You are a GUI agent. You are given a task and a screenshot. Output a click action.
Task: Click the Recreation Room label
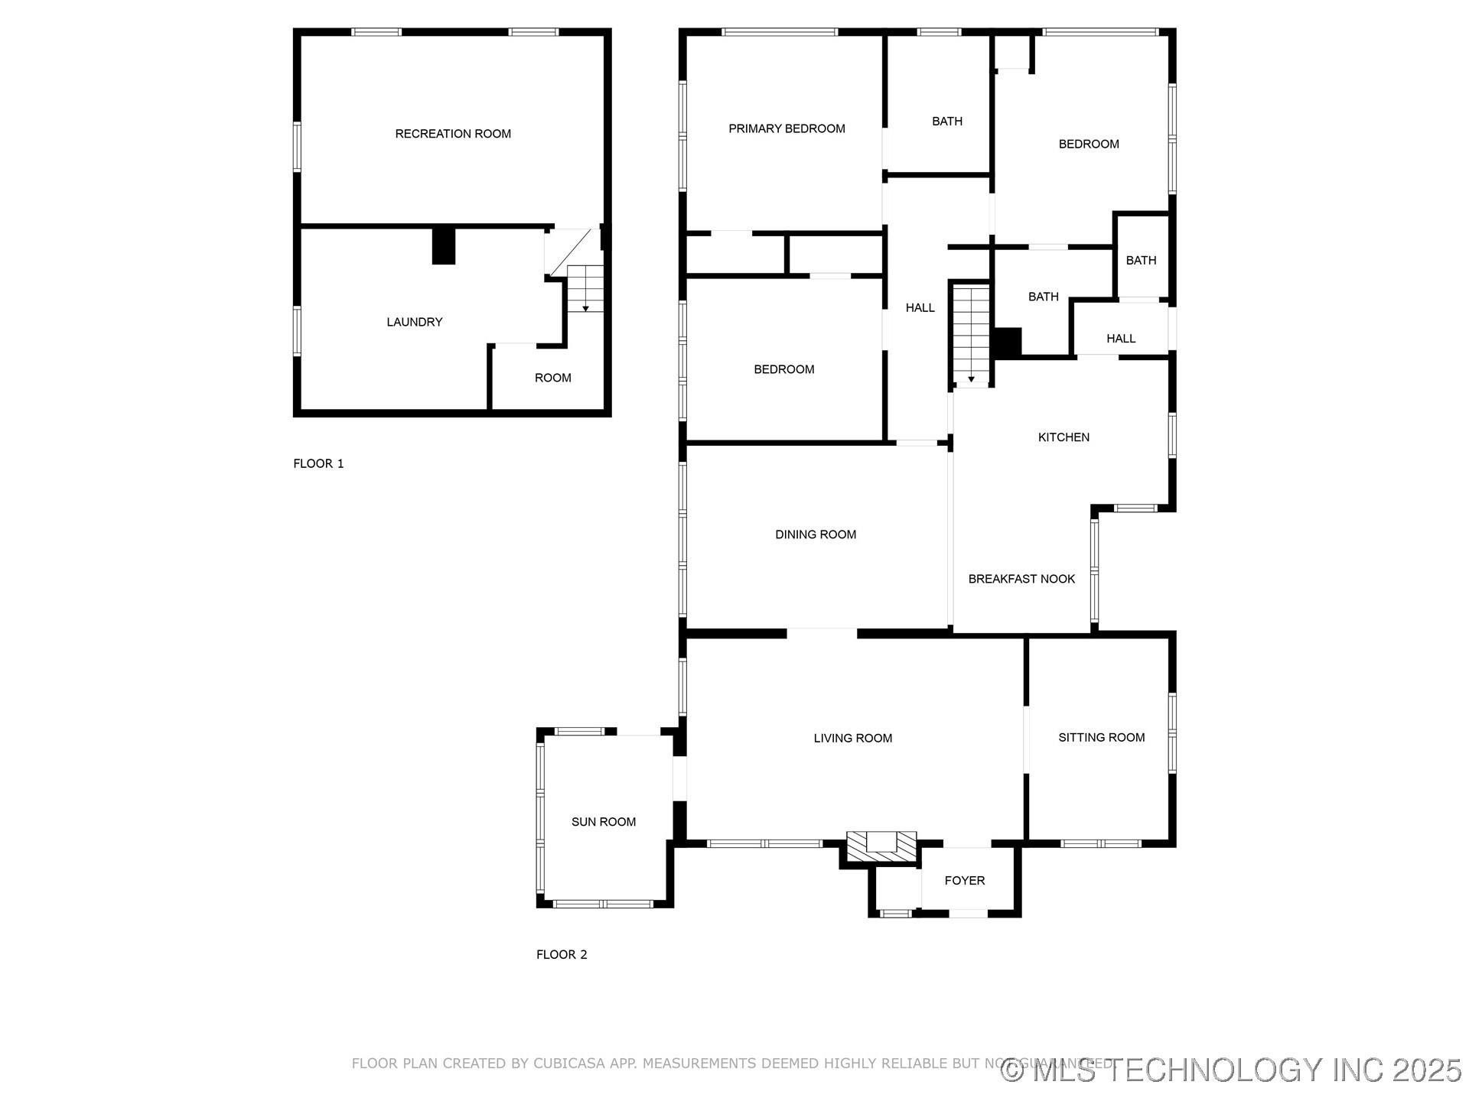tap(453, 134)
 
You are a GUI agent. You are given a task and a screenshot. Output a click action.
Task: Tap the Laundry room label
tap(414, 322)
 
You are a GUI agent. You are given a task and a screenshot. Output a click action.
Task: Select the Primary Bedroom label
tap(787, 128)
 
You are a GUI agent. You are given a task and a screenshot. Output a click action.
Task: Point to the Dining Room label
tap(816, 534)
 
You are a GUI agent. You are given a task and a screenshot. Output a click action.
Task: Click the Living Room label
tap(852, 738)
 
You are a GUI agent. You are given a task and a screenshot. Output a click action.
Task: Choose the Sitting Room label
tap(1101, 737)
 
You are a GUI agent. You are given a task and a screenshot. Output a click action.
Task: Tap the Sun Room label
tap(603, 822)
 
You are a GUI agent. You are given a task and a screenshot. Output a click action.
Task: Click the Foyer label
tap(964, 881)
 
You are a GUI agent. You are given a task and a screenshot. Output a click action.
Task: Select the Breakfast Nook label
tap(1021, 579)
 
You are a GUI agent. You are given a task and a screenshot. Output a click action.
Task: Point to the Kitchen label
tap(1063, 437)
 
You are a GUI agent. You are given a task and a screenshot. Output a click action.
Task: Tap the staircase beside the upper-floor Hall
tap(971, 333)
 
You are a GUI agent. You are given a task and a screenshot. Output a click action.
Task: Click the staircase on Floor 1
tap(585, 288)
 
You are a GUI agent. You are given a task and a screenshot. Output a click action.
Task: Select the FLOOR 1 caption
tap(318, 463)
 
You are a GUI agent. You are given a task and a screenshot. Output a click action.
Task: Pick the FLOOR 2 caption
tap(562, 954)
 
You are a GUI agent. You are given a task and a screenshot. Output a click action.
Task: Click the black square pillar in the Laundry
tap(444, 246)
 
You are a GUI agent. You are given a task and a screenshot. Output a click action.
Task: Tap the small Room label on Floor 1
tap(552, 378)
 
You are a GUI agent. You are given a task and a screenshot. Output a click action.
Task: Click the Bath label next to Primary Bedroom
tap(946, 121)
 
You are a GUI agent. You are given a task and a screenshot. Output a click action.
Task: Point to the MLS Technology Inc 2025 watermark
tap(1231, 1070)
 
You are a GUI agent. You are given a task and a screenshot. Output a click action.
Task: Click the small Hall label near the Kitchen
tap(1120, 339)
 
